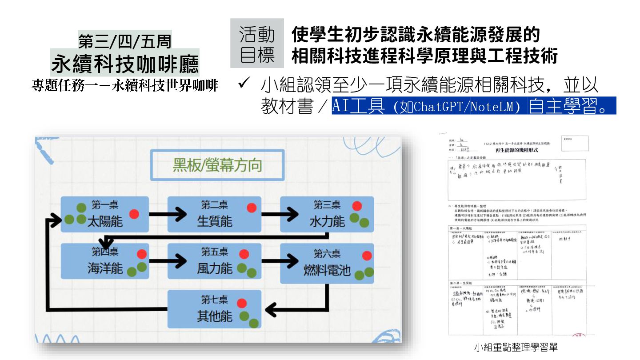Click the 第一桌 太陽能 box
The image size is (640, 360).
[104, 214]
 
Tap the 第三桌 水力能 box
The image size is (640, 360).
[327, 214]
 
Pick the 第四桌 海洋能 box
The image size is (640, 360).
[104, 261]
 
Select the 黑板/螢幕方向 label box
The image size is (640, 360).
[217, 165]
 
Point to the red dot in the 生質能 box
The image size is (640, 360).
[252, 208]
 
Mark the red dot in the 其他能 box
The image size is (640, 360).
[242, 303]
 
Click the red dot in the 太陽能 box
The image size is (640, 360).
[134, 214]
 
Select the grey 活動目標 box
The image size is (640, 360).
[257, 43]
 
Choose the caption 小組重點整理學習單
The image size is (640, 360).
[516, 347]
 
